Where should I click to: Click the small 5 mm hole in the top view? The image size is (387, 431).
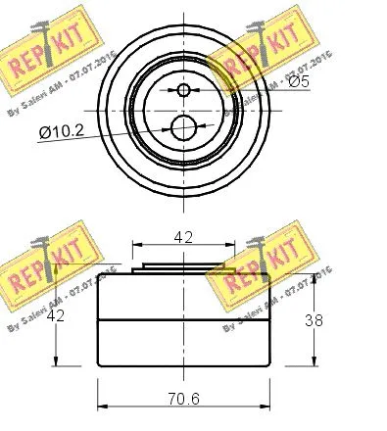[x=183, y=91]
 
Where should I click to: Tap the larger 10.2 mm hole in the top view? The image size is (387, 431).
[x=182, y=127]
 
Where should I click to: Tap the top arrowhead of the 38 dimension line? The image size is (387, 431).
[x=316, y=277]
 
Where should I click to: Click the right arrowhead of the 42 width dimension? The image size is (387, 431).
[x=231, y=247]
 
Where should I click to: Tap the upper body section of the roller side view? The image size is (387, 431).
[x=183, y=294]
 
